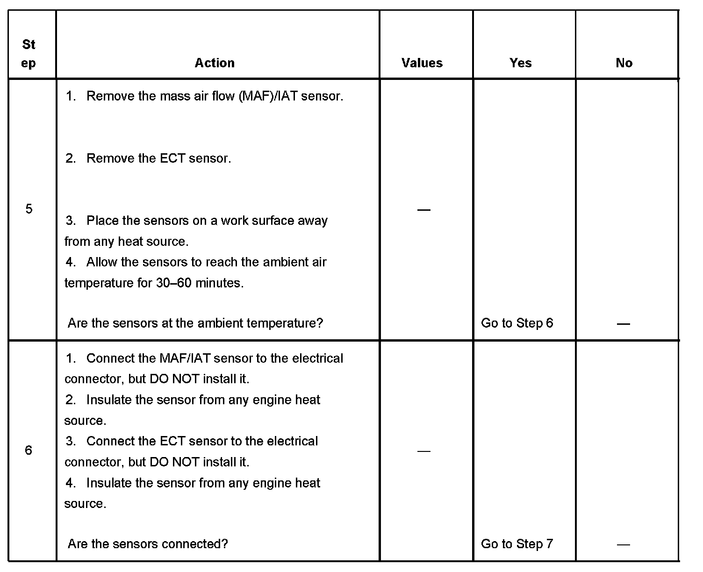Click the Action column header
click(215, 63)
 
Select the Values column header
click(422, 63)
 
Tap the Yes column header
click(520, 63)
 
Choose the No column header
click(624, 63)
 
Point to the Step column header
click(29, 54)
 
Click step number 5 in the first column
click(29, 209)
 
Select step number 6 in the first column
click(29, 450)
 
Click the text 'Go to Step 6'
click(517, 323)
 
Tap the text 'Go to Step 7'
click(517, 544)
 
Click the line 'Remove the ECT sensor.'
click(158, 158)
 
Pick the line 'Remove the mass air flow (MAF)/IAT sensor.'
click(215, 96)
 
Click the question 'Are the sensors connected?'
click(148, 544)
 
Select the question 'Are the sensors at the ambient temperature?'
click(195, 323)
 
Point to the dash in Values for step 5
click(423, 210)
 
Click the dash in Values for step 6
click(423, 451)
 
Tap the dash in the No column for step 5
click(623, 324)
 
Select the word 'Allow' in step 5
click(101, 262)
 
